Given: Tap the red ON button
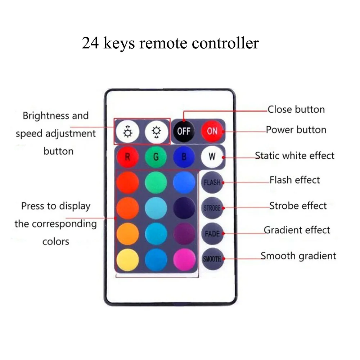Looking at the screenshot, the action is coord(212,131).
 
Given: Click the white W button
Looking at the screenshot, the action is coord(212,157).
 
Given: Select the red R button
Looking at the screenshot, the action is coord(127,157).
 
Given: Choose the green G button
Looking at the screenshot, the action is coord(156,157).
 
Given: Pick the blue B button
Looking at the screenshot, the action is coord(184,157).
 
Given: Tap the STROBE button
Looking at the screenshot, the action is coord(212,208).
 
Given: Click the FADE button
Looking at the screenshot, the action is coord(212,234).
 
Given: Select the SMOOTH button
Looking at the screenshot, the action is coord(212,259).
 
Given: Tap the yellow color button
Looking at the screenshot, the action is coord(127,260).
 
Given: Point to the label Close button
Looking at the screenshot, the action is coord(296,109).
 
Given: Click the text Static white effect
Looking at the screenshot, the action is coord(294,156).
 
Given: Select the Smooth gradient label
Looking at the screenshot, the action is coord(298,256).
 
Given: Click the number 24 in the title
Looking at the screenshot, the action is coord(90,43).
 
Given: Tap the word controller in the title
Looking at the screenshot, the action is coord(225,43).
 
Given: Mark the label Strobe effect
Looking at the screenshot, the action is coord(298,206).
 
